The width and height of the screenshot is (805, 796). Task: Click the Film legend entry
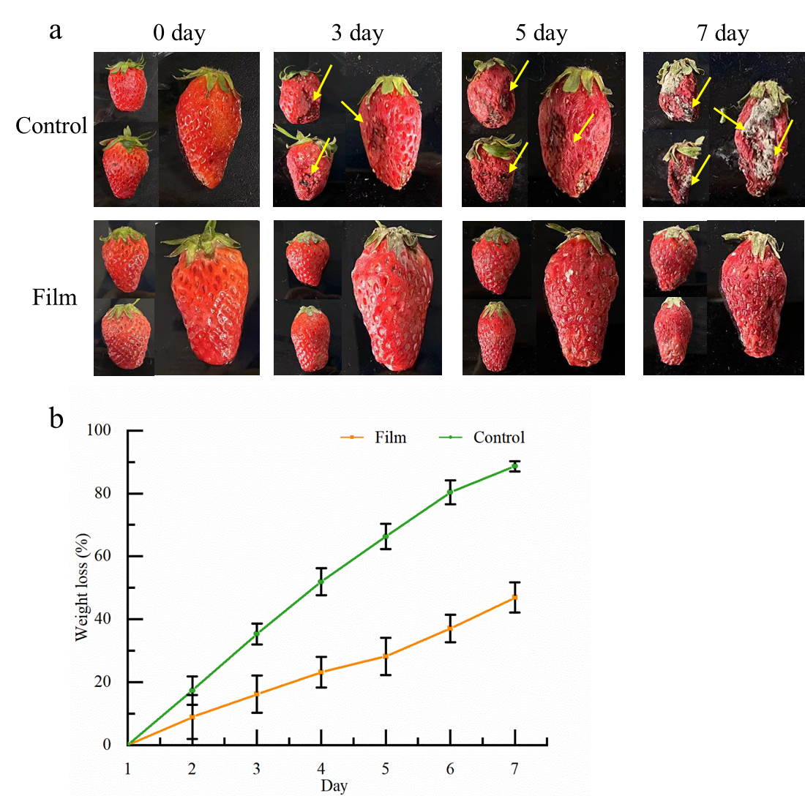point(373,438)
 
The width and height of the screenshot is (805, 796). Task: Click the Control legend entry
point(483,438)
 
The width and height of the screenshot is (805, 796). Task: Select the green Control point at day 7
point(514,466)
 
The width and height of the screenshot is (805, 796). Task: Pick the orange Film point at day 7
point(514,598)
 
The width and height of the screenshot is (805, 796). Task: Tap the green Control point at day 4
point(321,582)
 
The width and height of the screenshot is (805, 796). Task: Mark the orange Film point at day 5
point(386,656)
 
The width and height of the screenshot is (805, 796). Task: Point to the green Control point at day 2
point(192,691)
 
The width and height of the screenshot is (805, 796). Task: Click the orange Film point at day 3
point(257,694)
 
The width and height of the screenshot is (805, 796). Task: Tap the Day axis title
point(334,786)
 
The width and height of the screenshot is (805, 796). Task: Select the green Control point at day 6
point(450,492)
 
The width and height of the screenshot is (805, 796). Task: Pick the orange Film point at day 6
point(450,628)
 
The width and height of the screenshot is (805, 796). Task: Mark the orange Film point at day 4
point(321,672)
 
